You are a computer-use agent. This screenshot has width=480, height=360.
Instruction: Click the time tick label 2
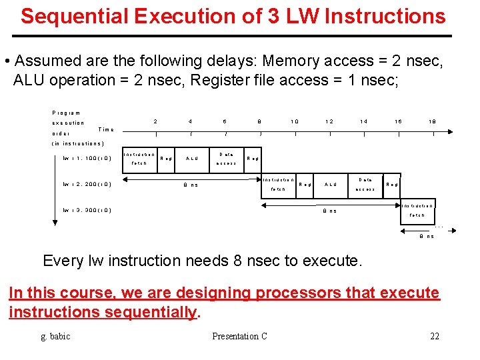pyautogui.click(x=155, y=121)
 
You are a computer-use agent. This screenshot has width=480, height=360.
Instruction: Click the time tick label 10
pyautogui.click(x=294, y=121)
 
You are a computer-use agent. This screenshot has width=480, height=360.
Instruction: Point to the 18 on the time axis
pyautogui.click(x=433, y=121)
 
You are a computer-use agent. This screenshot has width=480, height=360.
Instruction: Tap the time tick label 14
pyautogui.click(x=363, y=121)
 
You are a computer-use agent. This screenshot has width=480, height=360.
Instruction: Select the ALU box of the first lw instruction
pyautogui.click(x=191, y=159)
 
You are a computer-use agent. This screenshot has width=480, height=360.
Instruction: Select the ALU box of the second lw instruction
pyautogui.click(x=330, y=184)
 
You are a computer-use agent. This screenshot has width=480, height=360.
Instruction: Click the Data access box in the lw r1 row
pyautogui.click(x=226, y=159)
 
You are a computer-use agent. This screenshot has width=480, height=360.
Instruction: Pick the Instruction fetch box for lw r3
pyautogui.click(x=417, y=210)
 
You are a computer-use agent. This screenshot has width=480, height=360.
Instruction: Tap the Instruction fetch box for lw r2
pyautogui.click(x=278, y=184)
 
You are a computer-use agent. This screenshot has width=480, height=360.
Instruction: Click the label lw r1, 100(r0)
pyautogui.click(x=87, y=159)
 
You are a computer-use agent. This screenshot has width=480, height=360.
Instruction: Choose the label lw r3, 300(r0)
pyautogui.click(x=87, y=211)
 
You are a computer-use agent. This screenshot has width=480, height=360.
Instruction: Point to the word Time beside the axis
pyautogui.click(x=106, y=129)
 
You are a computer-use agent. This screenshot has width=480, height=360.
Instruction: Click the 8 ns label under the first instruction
pyautogui.click(x=191, y=185)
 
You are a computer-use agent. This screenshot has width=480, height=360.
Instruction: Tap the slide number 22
pyautogui.click(x=435, y=336)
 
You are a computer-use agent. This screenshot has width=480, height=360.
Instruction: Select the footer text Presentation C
pyautogui.click(x=239, y=336)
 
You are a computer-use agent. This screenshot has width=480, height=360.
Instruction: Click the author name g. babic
pyautogui.click(x=55, y=336)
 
